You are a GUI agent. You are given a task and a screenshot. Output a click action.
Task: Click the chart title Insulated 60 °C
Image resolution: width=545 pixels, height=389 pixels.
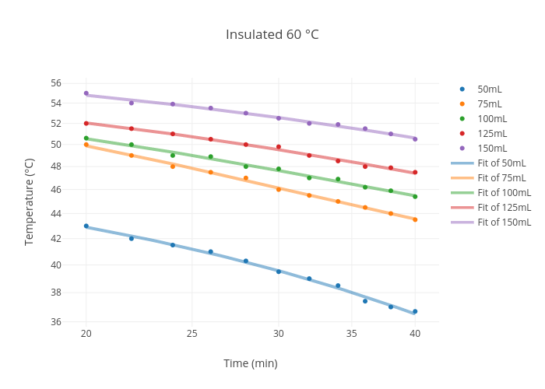(x=272, y=35)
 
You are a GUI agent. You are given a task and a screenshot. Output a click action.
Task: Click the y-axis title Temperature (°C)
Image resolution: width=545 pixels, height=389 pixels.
(x=30, y=202)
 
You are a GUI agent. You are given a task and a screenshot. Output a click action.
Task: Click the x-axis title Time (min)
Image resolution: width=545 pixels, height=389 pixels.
(x=250, y=363)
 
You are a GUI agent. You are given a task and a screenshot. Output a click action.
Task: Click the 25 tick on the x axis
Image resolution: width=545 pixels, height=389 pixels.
(x=192, y=334)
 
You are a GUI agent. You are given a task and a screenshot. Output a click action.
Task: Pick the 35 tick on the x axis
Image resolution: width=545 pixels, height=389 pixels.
(x=352, y=334)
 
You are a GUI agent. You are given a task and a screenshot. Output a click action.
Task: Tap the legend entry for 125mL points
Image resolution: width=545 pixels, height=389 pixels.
(x=491, y=134)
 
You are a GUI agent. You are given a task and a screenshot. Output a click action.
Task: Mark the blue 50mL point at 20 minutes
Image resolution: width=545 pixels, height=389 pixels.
(x=86, y=226)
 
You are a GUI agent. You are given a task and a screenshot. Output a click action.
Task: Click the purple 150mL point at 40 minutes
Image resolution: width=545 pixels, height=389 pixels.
(x=415, y=138)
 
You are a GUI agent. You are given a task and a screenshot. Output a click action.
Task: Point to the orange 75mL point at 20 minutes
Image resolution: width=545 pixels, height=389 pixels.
(x=86, y=145)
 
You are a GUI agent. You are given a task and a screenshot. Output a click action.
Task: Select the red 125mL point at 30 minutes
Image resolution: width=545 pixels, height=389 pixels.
(x=279, y=147)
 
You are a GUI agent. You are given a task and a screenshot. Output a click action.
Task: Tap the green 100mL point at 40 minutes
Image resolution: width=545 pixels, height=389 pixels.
(x=415, y=196)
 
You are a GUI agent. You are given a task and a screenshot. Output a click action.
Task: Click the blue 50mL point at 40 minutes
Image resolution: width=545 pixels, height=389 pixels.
(x=415, y=311)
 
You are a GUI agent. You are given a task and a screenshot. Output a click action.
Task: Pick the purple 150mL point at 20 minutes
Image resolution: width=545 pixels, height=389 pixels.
(x=86, y=93)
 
